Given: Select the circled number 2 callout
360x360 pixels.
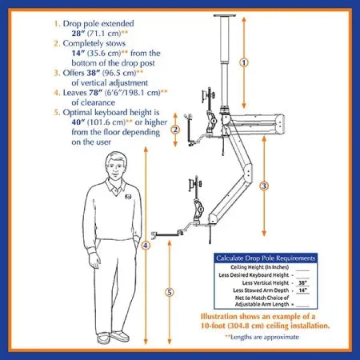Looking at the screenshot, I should click(x=175, y=129).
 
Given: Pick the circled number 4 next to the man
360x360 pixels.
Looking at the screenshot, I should click(x=145, y=246).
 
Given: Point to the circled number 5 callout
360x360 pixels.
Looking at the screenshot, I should click(x=169, y=292).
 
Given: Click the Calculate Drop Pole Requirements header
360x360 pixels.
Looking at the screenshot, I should click(x=265, y=259).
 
